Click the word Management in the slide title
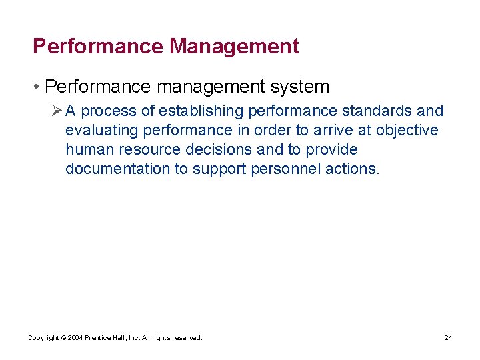[x=234, y=47]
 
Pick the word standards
[x=378, y=111]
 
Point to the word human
[x=90, y=149]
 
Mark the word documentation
[x=118, y=169]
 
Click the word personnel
[x=285, y=169]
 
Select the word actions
[x=352, y=169]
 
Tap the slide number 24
[x=448, y=338]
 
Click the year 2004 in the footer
[x=73, y=338]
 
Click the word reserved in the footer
[x=187, y=338]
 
